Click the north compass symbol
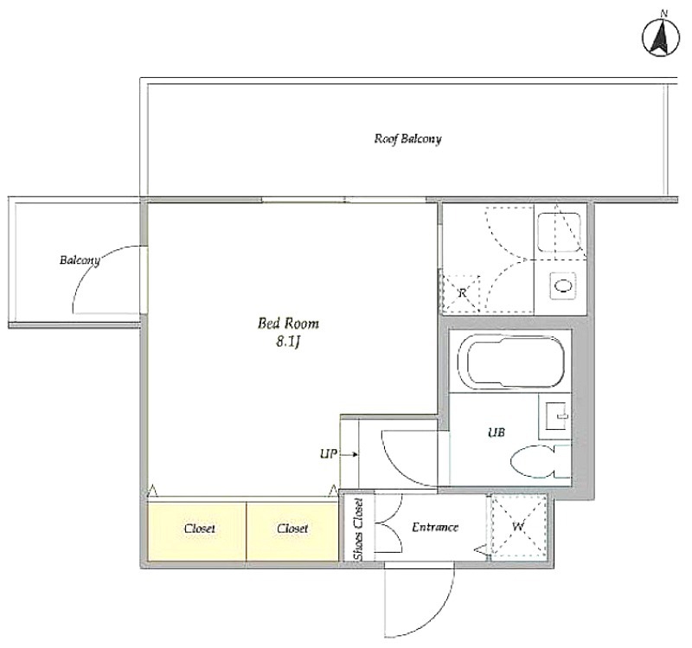[661, 38]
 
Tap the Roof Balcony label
[407, 139]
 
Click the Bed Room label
[288, 324]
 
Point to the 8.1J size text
[288, 342]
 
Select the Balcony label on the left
[80, 260]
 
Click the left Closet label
[200, 529]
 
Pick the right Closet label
[292, 529]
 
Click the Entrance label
[435, 527]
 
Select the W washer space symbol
[518, 527]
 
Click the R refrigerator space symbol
[462, 292]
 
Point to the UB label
[497, 433]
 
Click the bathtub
[511, 362]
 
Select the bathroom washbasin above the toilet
[555, 416]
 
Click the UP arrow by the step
[349, 454]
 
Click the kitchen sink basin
[560, 233]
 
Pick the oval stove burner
[564, 286]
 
